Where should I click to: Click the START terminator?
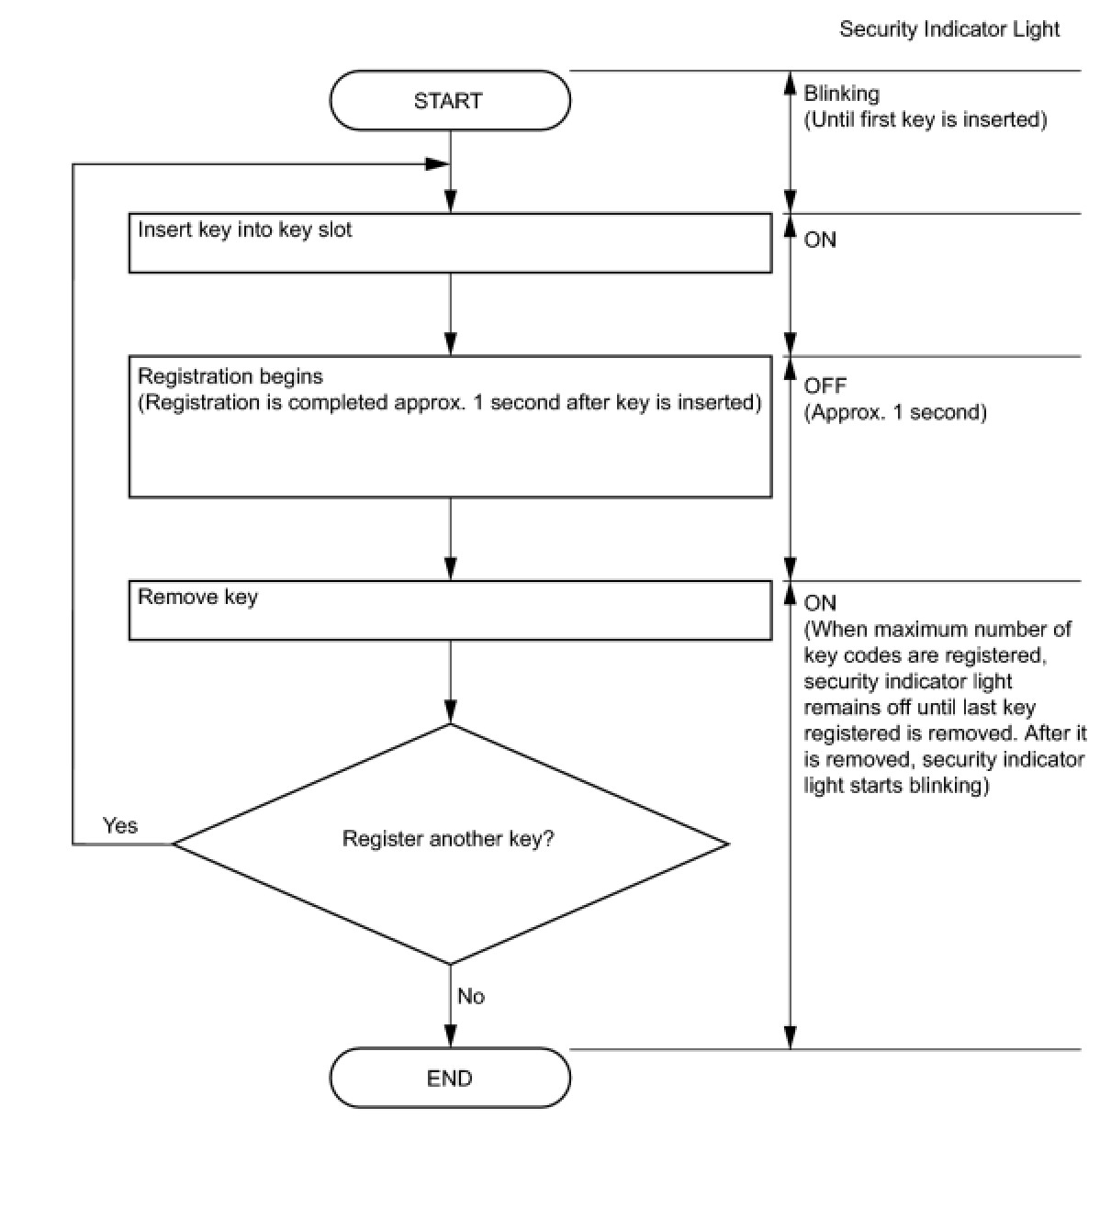tap(450, 100)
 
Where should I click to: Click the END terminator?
tap(450, 1078)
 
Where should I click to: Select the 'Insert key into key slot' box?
tap(451, 243)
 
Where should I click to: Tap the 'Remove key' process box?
tap(451, 610)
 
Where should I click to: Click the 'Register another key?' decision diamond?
tap(451, 844)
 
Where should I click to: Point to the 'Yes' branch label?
tap(119, 825)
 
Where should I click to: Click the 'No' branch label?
tap(471, 996)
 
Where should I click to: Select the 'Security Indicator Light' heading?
tap(949, 29)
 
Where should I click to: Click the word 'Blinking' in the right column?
tap(842, 94)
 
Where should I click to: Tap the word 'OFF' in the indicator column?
tap(825, 386)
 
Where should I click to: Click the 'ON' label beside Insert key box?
tap(820, 240)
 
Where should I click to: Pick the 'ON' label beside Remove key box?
tap(820, 603)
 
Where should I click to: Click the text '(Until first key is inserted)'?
tap(926, 119)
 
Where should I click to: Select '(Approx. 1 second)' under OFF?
tap(895, 413)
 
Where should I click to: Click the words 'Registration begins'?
tap(230, 376)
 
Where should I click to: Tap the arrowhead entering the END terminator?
tap(451, 1036)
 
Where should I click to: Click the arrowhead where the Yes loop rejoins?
tap(437, 164)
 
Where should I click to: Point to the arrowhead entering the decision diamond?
tap(451, 712)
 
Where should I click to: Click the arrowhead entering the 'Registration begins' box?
tap(451, 344)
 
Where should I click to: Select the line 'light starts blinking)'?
tap(896, 786)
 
